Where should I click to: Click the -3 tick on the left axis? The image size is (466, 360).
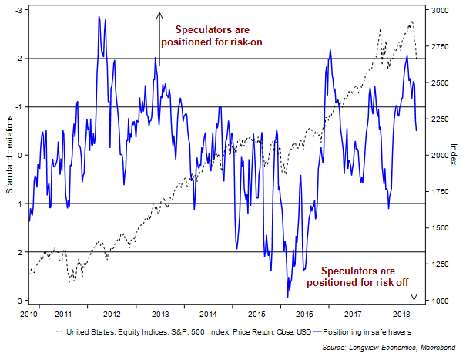coord(18,9)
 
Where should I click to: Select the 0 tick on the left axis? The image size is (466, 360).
coord(21,155)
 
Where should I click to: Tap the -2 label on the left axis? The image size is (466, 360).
coord(18,58)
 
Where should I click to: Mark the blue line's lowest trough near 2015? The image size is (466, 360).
coord(287,297)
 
